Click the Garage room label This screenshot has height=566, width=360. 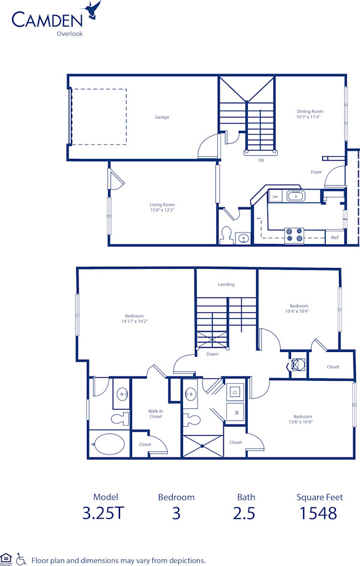click(161, 117)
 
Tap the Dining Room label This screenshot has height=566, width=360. click(310, 111)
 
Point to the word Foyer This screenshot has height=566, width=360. click(316, 172)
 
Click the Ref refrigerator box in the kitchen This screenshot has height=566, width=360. click(334, 237)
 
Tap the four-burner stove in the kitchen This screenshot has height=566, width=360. click(293, 235)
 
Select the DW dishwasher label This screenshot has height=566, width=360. click(275, 196)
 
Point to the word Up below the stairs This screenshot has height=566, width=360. click(261, 160)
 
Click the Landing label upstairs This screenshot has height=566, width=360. click(226, 284)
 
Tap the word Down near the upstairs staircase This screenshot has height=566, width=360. click(212, 354)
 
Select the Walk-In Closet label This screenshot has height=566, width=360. click(155, 414)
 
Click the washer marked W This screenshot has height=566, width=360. click(235, 413)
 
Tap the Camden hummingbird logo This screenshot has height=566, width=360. click(93, 10)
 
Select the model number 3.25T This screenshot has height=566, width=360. click(106, 513)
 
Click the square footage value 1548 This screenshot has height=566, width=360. click(319, 513)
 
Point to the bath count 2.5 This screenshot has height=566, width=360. click(245, 513)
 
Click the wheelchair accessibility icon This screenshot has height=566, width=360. click(21, 559)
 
